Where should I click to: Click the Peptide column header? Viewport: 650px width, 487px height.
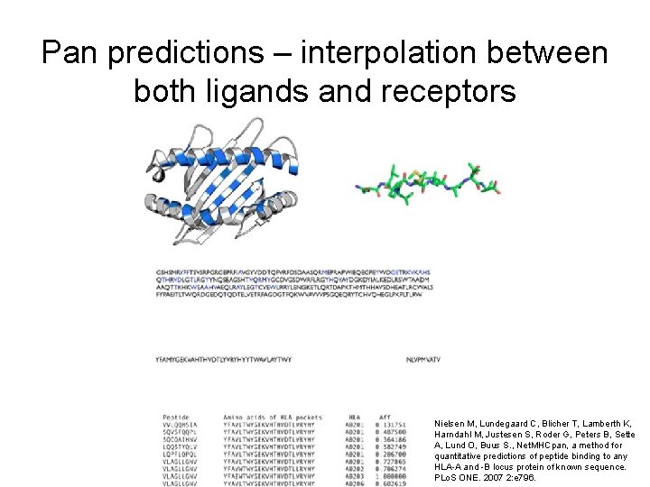pyautogui.click(x=175, y=417)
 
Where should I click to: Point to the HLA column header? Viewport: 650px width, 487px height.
pyautogui.click(x=353, y=417)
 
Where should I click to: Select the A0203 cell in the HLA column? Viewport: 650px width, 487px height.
pyautogui.click(x=355, y=475)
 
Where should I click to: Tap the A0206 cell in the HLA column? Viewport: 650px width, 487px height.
pyautogui.click(x=355, y=482)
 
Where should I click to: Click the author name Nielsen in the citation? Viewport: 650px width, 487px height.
pyautogui.click(x=450, y=423)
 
